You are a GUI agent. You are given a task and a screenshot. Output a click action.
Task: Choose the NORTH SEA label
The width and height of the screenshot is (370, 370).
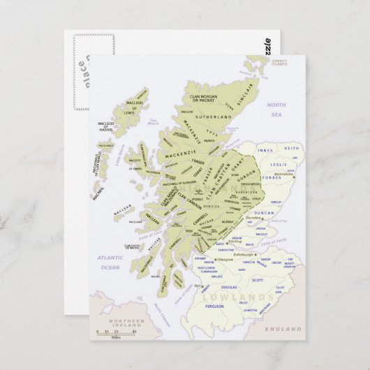(x=277, y=109)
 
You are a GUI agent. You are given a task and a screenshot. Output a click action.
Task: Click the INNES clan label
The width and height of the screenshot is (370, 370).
(x=265, y=150)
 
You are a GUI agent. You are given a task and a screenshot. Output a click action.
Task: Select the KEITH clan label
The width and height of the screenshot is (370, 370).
(x=292, y=149)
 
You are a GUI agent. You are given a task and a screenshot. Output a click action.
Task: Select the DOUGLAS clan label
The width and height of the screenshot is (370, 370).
(x=229, y=287)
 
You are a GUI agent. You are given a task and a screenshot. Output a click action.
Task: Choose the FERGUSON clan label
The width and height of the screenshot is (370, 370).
(x=215, y=306)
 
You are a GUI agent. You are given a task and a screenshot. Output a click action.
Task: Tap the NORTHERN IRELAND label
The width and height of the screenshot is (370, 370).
(x=125, y=323)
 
